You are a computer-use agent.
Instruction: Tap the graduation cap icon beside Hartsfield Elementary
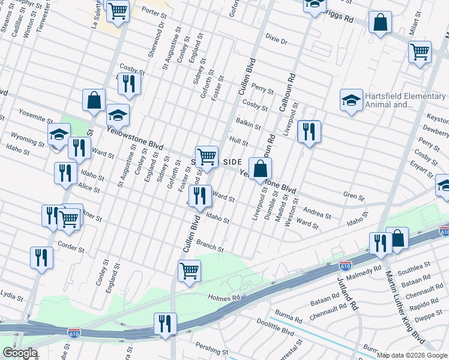point(351,100)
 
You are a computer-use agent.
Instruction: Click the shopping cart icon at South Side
point(206,157)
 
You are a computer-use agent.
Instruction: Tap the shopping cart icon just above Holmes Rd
point(189,271)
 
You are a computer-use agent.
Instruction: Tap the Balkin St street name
point(249,125)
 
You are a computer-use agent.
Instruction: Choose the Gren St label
point(354,196)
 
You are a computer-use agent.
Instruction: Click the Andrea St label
point(318,214)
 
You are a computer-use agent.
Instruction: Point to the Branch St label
point(210,245)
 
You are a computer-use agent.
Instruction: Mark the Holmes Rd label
point(223,296)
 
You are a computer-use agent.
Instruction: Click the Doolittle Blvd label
point(276,330)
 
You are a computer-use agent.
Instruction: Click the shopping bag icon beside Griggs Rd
point(380,23)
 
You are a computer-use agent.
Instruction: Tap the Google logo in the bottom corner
point(20,353)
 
